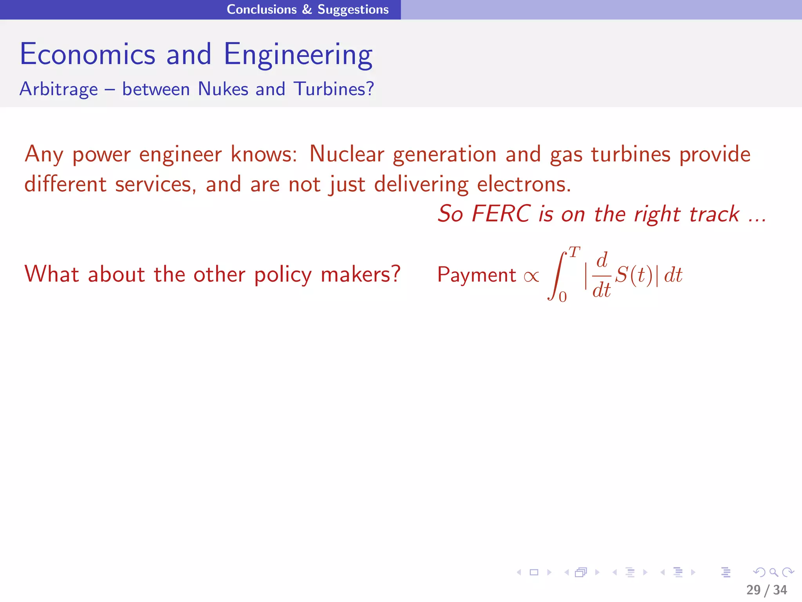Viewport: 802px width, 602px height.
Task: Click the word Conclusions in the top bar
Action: point(262,9)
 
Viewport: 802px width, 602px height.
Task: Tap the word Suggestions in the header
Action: point(353,9)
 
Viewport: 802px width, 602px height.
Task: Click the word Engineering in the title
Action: point(298,55)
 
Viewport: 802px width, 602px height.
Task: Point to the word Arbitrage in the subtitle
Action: point(59,89)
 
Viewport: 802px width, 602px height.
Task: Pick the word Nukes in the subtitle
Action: point(223,89)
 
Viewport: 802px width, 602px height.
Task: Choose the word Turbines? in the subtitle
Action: point(334,89)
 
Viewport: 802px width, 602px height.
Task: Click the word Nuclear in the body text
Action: point(347,154)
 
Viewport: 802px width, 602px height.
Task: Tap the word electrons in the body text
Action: point(524,184)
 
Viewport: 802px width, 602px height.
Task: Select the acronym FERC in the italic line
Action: point(501,214)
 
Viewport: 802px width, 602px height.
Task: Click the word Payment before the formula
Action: point(477,275)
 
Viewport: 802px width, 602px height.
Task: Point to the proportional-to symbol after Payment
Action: point(531,276)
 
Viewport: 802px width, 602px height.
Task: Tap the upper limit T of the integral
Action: point(574,252)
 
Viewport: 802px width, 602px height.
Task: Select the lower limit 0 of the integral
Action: point(563,297)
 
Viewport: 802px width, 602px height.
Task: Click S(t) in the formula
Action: point(634,275)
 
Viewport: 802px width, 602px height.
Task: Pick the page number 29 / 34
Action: point(766,590)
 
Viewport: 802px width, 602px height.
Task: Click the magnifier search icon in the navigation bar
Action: point(773,572)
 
